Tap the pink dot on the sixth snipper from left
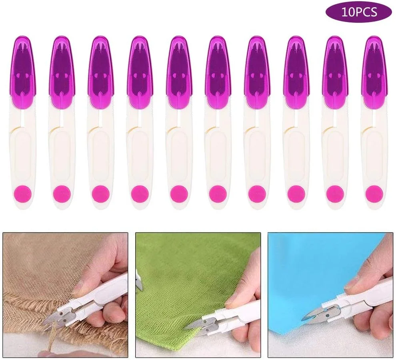click(x=218, y=194)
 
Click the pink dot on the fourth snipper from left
click(x=140, y=194)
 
